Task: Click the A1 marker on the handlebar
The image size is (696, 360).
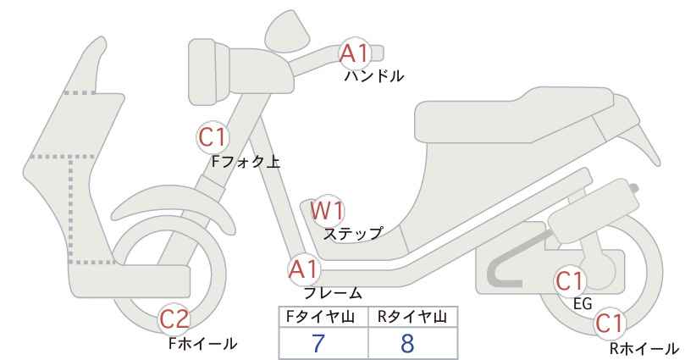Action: point(354,53)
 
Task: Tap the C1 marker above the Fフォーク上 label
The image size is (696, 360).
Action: point(213,137)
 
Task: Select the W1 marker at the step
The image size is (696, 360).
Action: point(327,210)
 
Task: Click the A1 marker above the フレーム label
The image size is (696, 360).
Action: point(304,269)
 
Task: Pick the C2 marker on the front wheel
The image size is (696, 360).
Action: point(174,318)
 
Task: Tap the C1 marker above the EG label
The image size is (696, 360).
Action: point(569,280)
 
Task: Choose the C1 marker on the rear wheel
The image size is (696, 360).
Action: point(609,324)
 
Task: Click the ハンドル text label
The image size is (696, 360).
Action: point(374,76)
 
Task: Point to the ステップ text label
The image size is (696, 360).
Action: point(352,234)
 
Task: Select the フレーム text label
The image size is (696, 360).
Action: point(333,293)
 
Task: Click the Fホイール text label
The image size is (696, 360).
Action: point(203,344)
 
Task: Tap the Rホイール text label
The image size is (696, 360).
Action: point(644,349)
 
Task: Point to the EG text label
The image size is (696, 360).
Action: point(583,304)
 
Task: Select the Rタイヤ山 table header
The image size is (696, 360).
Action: point(412,317)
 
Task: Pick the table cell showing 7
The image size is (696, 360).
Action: point(318,343)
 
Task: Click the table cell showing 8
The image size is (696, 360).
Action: point(407,343)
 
